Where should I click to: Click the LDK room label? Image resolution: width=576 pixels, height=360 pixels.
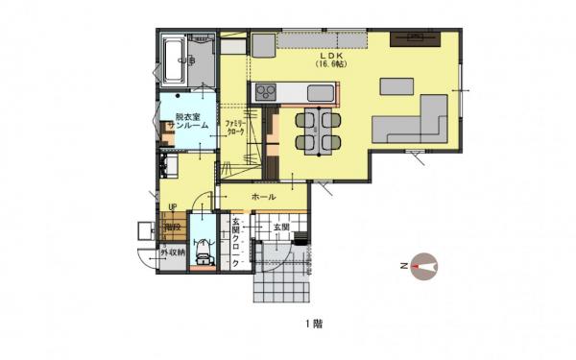pos(328,56)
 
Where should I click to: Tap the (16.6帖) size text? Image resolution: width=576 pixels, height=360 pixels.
pos(328,65)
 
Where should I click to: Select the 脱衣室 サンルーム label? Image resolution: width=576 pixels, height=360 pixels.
pos(183,122)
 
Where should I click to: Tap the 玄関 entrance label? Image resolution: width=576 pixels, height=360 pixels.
pos(281,228)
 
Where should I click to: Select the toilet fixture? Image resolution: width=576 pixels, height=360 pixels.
pos(202,256)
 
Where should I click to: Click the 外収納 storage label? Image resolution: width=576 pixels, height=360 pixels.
pos(172,252)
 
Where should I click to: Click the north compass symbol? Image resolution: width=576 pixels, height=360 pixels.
pos(423,264)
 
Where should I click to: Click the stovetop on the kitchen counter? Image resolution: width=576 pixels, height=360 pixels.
pos(265,92)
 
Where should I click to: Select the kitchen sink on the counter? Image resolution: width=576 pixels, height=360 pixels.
pos(321,93)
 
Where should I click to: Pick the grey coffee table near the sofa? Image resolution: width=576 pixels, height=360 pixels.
pos(396,86)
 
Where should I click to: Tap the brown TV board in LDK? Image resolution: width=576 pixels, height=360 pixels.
pos(416,39)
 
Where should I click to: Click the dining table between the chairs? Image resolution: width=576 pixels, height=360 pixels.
pos(317,130)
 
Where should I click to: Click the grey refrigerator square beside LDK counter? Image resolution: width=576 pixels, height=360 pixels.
pos(263,44)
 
